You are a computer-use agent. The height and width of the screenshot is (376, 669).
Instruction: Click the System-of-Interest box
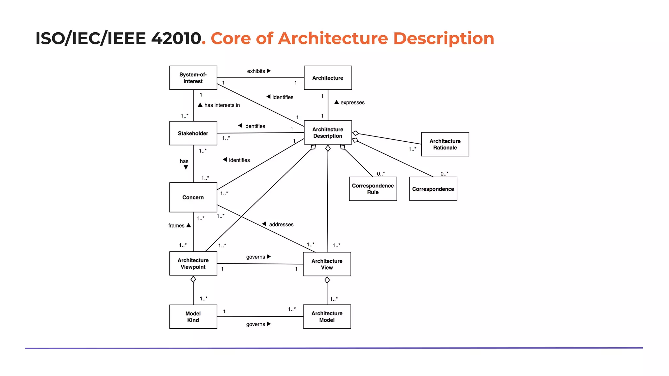[x=193, y=78]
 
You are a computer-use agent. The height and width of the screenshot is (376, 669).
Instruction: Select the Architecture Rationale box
[x=445, y=144]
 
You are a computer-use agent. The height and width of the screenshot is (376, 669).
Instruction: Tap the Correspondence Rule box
[x=373, y=189]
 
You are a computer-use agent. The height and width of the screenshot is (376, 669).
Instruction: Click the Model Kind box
[x=193, y=317]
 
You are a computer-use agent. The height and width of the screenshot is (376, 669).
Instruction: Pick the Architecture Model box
[x=327, y=317]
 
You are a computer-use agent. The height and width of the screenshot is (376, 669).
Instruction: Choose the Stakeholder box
[x=193, y=133]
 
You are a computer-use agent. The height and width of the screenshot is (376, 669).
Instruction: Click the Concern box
[x=193, y=197]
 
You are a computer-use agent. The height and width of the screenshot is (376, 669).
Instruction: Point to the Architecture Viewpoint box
[x=193, y=263]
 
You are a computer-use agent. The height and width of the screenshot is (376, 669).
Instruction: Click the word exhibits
[x=256, y=71]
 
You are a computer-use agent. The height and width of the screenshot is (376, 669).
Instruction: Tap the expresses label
[x=352, y=102]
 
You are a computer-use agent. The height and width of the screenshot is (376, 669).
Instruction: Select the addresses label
[x=281, y=225]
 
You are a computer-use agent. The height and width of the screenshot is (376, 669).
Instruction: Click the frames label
[x=176, y=226]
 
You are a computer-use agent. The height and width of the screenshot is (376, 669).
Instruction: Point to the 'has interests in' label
[x=222, y=105]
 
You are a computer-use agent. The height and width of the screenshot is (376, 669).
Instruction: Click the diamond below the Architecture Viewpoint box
[x=193, y=279]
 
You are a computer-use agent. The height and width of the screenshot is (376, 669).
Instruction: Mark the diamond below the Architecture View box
[x=327, y=280]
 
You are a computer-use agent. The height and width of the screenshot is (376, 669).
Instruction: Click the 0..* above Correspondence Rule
[x=381, y=174]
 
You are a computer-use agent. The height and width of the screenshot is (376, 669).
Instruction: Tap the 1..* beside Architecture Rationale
[x=412, y=149]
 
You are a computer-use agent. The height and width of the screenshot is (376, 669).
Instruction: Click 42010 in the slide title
[x=176, y=38]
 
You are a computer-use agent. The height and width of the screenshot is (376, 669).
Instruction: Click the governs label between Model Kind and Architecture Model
[x=255, y=324]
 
